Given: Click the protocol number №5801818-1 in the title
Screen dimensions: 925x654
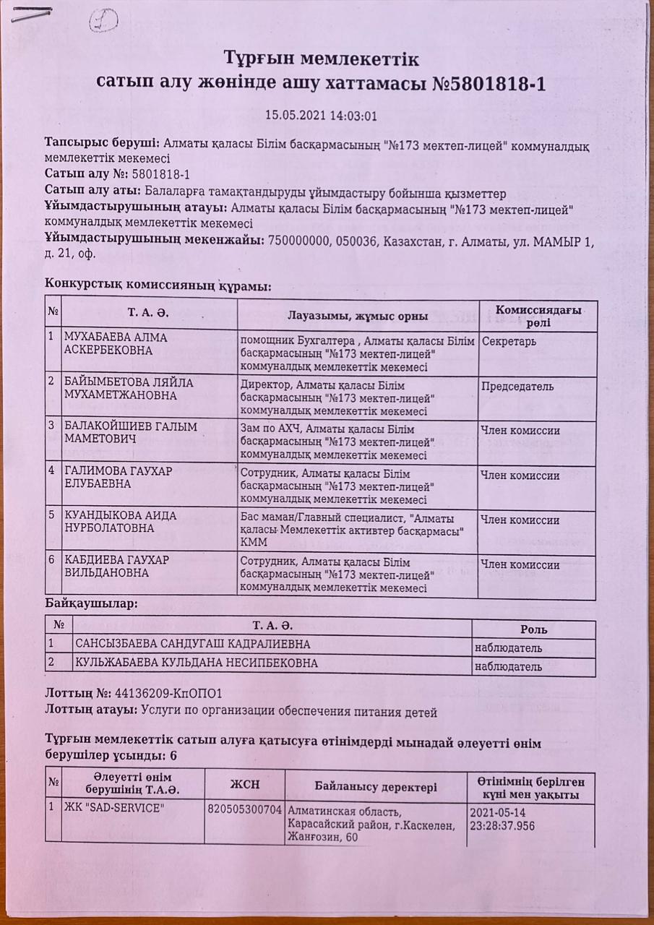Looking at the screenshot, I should (x=489, y=85).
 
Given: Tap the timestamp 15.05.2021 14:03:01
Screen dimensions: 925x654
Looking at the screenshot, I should (x=321, y=115).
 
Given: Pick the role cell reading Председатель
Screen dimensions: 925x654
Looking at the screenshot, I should (x=517, y=387).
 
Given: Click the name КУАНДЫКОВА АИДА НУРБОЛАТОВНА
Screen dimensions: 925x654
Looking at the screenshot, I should (x=120, y=522).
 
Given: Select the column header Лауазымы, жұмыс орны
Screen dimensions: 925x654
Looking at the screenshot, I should (x=358, y=316).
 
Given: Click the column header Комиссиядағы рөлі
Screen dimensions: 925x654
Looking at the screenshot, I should (x=538, y=314).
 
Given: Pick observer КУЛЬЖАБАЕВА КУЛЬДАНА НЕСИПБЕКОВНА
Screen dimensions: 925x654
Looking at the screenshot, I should (x=196, y=663).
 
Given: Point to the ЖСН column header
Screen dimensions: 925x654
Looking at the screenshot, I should (x=244, y=785).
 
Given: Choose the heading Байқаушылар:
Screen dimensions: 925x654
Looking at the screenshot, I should (x=91, y=603).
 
